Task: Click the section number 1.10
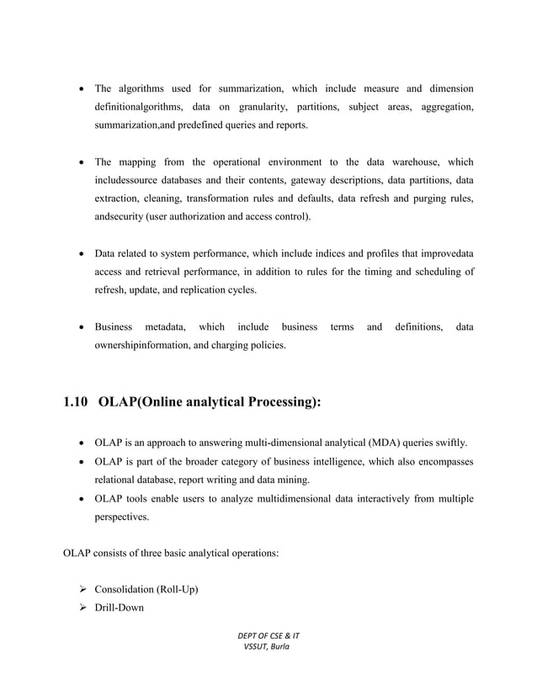[76, 402]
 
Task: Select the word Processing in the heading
[277, 402]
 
